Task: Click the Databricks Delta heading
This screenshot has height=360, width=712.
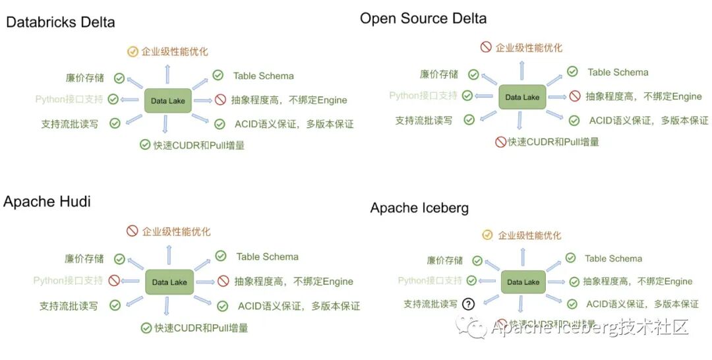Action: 61,22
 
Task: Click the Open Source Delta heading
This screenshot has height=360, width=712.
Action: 423,18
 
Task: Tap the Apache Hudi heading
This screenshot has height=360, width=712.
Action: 47,202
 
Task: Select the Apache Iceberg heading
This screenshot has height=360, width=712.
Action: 419,208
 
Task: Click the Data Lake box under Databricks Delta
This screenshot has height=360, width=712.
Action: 168,101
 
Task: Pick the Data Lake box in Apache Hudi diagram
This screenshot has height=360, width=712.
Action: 169,282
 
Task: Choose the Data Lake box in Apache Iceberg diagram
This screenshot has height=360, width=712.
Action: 523,282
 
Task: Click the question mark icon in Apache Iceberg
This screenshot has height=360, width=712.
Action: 468,304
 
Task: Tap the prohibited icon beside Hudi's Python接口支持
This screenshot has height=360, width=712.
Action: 114,280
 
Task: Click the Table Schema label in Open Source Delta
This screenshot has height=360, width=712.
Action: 618,73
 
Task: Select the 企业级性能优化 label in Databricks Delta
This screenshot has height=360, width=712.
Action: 175,51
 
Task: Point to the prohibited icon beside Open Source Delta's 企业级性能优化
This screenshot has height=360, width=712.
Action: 486,47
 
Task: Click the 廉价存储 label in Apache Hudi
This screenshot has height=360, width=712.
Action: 84,258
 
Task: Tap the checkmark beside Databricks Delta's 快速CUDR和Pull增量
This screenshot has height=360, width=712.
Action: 145,144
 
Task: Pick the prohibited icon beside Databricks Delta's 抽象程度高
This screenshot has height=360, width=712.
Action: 220,100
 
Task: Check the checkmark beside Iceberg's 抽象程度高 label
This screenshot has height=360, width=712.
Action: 574,282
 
